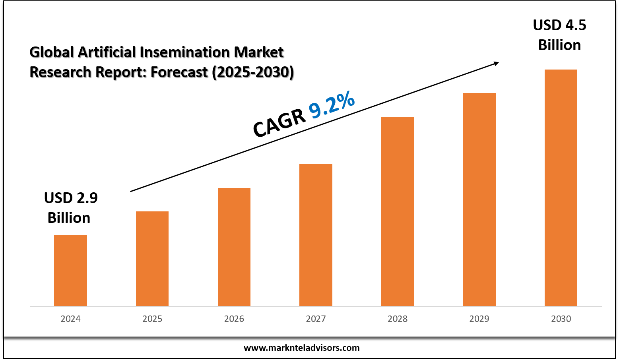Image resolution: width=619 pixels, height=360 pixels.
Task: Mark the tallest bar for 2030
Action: coord(561,188)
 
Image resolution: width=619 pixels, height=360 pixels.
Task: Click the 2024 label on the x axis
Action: coord(70,319)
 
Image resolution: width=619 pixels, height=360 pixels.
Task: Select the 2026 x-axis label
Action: coord(234,319)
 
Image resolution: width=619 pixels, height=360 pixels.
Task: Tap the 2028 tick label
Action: coord(398,319)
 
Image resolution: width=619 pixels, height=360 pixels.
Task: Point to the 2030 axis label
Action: coord(561,319)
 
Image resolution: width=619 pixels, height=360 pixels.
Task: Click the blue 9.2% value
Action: coord(332,105)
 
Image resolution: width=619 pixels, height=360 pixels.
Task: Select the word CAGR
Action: coord(279,123)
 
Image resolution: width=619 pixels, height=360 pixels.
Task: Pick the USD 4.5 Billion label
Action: coord(559,35)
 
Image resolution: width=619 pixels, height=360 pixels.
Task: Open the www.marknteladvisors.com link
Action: coord(301,348)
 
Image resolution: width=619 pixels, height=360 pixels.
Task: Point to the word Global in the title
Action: coord(52,52)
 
